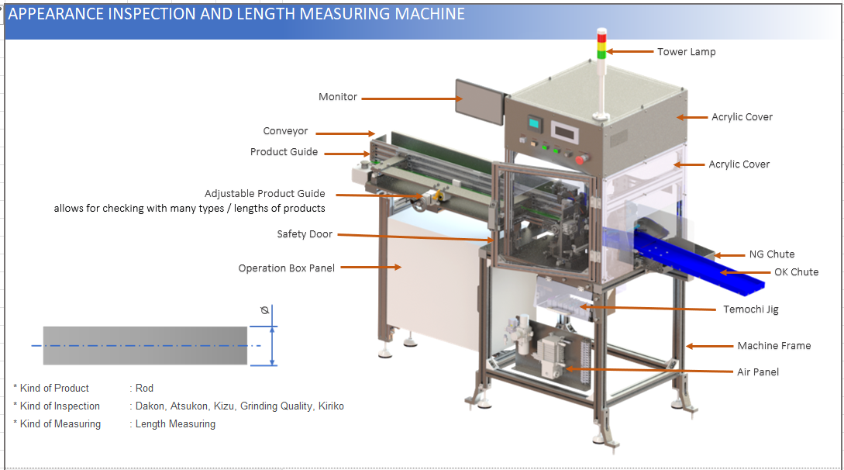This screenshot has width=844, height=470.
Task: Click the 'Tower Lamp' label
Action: coord(686,52)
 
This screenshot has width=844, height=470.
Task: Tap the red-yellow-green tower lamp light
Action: coord(601,44)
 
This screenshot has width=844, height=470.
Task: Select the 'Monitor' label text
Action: coord(338,97)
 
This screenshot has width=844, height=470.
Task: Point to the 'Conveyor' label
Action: coord(285,131)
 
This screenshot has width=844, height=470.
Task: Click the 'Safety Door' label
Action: coord(305,234)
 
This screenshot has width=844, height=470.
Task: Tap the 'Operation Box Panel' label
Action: coord(287,268)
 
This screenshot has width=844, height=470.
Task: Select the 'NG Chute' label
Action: coord(771,254)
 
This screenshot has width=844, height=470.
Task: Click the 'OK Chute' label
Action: coord(796,272)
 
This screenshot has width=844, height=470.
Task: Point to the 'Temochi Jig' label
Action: coord(750,309)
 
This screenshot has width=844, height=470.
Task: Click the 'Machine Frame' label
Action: coord(773,346)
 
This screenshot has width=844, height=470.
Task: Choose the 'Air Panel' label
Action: coord(757,372)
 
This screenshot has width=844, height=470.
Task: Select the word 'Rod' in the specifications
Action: coord(144,388)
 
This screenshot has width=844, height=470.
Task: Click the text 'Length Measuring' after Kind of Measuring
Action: coord(175,424)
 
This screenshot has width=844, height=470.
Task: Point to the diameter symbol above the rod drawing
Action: coord(264,310)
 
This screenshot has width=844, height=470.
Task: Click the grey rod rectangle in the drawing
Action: coord(145,345)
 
